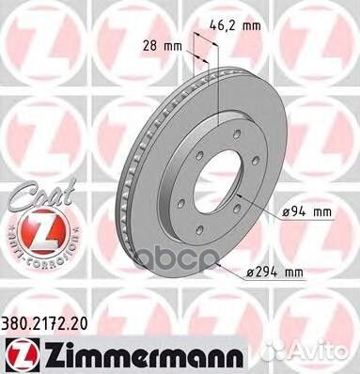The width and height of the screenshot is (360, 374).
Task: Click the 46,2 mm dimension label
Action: click(235, 25)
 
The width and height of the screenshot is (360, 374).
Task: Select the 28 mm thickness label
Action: click(163, 46)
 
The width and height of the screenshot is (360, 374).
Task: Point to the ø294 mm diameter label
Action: click(274, 273)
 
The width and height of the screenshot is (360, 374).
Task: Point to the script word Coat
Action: click(41, 195)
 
